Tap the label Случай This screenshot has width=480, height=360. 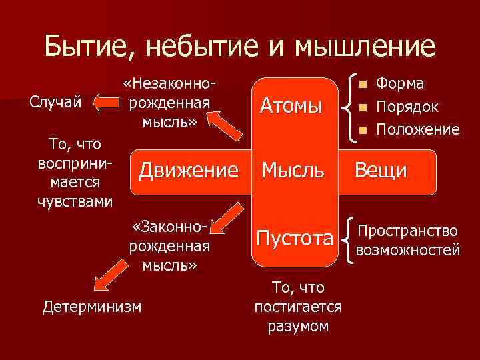click(56, 102)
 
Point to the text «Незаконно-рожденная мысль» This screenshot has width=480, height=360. click(169, 103)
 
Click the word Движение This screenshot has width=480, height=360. click(188, 171)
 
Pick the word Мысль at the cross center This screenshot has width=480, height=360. click(293, 171)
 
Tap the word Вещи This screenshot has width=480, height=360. click(381, 171)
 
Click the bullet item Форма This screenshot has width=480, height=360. click(401, 84)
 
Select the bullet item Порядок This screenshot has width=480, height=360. click(407, 107)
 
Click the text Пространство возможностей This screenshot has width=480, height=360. click(408, 241)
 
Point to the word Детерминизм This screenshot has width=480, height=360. click(92, 306)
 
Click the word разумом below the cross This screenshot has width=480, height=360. click(298, 327)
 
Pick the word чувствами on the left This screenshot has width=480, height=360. click(75, 201)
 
